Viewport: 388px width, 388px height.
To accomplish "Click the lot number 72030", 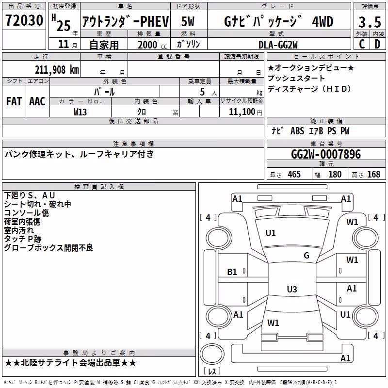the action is [24, 20].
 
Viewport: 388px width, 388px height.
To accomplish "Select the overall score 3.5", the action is [370, 22].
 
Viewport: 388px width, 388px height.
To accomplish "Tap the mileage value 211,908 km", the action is [57, 70].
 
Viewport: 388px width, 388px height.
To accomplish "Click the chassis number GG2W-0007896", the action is [326, 154].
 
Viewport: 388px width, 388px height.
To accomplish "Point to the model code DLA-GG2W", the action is [278, 45].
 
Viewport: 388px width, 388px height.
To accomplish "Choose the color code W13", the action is [80, 112].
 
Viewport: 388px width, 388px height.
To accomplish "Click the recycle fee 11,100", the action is [242, 112].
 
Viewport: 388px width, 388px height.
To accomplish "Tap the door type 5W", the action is [188, 21].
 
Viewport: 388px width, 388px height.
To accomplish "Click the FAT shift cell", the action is [14, 101].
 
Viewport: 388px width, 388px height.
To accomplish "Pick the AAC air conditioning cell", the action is [37, 101].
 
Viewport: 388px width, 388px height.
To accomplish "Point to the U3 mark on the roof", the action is [292, 289].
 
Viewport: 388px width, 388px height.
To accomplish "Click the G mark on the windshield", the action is [307, 256].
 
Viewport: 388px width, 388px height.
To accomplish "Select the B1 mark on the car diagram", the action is [232, 272].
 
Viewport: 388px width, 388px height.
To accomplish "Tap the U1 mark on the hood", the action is [271, 233].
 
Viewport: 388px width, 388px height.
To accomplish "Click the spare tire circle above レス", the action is [212, 354].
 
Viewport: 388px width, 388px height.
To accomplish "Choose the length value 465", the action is [294, 174].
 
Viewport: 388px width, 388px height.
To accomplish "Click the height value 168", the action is [373, 174].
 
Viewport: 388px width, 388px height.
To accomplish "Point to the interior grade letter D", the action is [377, 44].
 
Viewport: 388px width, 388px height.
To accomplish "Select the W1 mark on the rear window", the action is [273, 323].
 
